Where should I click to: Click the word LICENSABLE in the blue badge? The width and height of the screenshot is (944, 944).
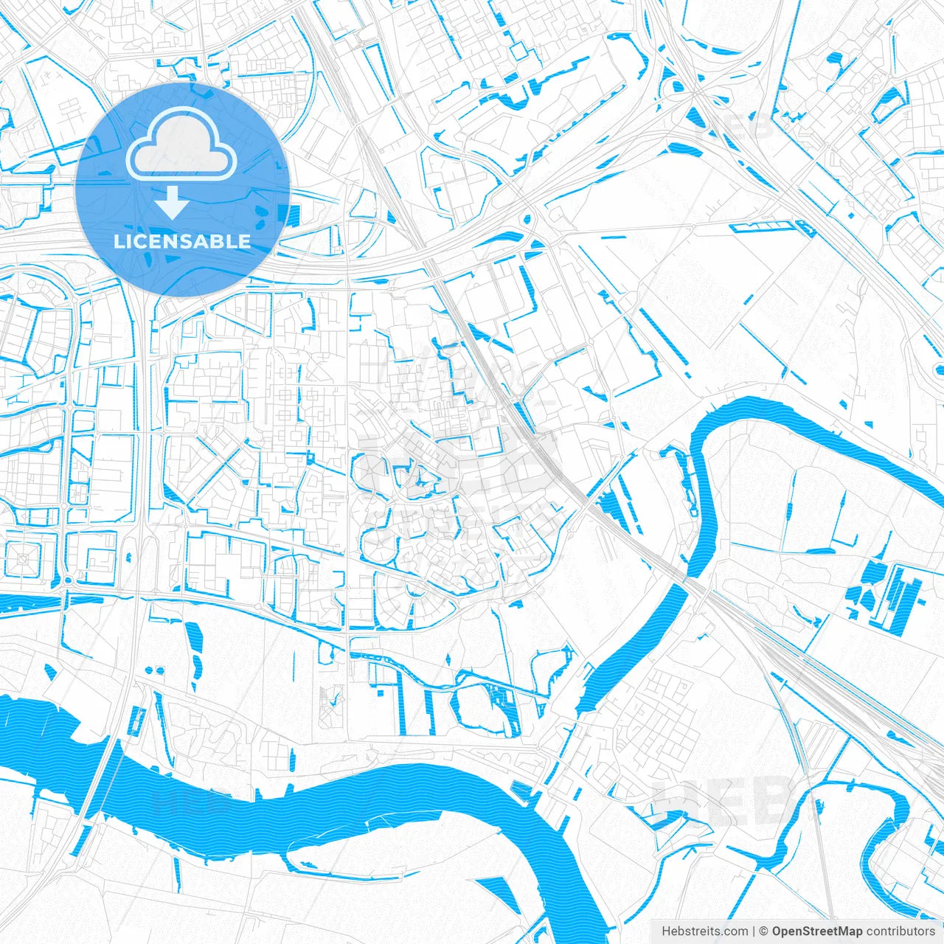point(182,241)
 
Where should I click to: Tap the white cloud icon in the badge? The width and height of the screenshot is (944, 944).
point(181,145)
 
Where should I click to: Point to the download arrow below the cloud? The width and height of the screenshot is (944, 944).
point(172,203)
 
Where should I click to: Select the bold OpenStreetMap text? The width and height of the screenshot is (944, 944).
point(817,931)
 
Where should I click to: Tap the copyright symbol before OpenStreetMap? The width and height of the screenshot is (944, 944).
point(764,931)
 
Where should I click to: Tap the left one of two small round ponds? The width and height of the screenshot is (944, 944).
point(149,670)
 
